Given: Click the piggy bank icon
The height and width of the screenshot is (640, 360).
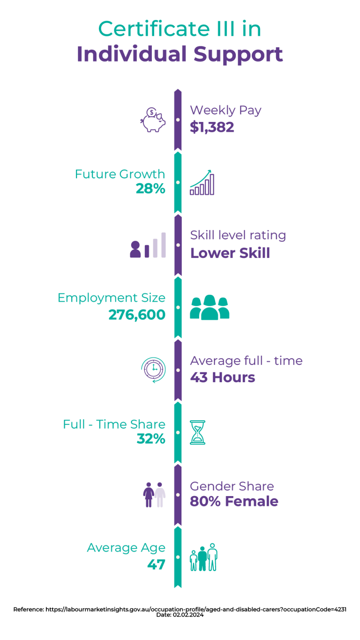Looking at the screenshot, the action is (153, 120).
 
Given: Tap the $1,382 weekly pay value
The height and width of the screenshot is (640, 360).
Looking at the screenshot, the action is (212, 127).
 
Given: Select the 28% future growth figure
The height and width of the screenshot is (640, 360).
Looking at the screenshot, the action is (150, 188).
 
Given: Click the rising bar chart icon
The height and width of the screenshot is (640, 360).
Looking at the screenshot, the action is (202, 182).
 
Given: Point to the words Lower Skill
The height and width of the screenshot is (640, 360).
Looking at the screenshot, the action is (230, 253).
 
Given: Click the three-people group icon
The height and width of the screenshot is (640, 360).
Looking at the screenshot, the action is (210, 307).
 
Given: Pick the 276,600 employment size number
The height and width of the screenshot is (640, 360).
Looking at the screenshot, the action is (137, 315).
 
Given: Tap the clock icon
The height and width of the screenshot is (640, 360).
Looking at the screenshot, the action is (153, 370).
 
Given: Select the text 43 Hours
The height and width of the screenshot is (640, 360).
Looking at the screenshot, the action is (223, 377).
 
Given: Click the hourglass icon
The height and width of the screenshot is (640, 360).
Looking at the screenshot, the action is (197, 432).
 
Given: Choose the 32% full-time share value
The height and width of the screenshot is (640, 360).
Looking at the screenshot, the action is (151, 439).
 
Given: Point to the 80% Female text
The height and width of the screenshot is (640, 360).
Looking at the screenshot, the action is (234, 501).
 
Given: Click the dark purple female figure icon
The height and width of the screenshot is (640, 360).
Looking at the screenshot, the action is (149, 495).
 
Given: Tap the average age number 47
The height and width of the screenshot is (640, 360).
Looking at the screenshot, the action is (156, 565).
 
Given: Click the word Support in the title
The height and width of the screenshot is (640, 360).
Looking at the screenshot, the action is (238, 55).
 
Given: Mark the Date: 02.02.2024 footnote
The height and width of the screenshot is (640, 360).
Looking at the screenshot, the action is (180, 615).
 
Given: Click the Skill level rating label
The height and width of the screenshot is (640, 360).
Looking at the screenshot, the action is (238, 235).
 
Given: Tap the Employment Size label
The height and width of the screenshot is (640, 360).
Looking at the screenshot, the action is (112, 298).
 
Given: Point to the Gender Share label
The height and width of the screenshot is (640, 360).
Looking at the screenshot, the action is (232, 486).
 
